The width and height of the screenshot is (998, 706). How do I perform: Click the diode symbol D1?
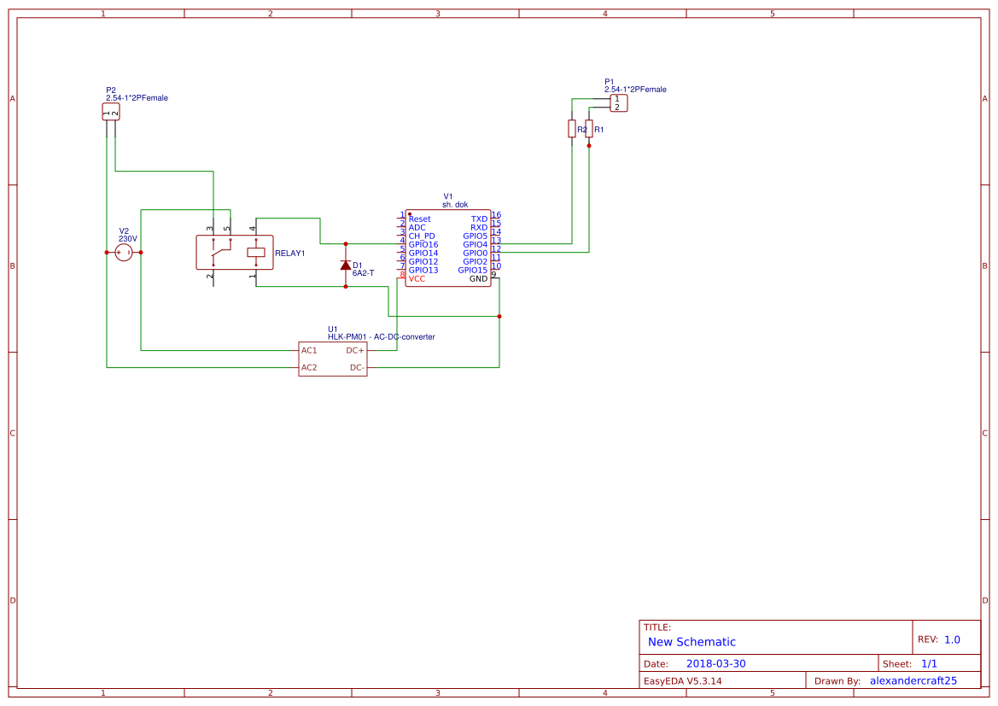(x=346, y=265)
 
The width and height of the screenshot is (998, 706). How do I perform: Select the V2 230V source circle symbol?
(x=124, y=252)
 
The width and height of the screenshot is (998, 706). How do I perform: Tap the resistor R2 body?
(x=572, y=128)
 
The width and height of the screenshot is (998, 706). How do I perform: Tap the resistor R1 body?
(x=589, y=128)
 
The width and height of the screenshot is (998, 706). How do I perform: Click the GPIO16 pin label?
(x=423, y=245)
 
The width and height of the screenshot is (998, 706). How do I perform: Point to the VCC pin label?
(x=417, y=279)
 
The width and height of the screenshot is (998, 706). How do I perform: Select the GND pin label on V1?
(x=478, y=279)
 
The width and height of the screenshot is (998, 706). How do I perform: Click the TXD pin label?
(x=479, y=219)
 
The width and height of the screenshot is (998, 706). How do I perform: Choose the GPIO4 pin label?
(x=475, y=245)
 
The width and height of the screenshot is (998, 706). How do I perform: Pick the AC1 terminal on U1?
(x=309, y=351)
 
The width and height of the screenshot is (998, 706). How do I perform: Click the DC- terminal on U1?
(x=357, y=368)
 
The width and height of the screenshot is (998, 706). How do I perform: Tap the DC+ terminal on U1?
(x=355, y=351)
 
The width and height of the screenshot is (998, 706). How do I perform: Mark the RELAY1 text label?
(x=290, y=254)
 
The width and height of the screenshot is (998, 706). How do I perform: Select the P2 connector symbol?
(x=111, y=112)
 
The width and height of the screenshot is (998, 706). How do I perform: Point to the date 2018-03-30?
(x=715, y=664)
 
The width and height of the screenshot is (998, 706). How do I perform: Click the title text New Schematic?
(x=692, y=642)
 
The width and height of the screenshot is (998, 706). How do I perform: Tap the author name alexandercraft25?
(x=913, y=681)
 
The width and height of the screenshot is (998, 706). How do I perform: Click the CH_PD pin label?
(x=422, y=236)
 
